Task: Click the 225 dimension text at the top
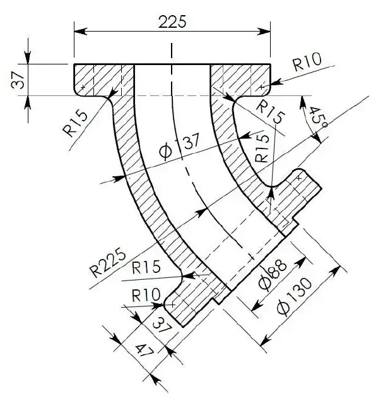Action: pyautogui.click(x=172, y=21)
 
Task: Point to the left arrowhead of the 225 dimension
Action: pyautogui.click(x=81, y=32)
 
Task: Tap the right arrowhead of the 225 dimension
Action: pyautogui.click(x=264, y=32)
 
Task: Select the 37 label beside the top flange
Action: pyautogui.click(x=18, y=80)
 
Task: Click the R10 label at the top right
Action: pyautogui.click(x=307, y=62)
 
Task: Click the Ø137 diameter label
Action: pyautogui.click(x=179, y=147)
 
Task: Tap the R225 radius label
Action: pyautogui.click(x=108, y=264)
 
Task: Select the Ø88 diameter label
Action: pyautogui.click(x=273, y=275)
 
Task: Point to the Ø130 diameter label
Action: pyautogui.click(x=294, y=297)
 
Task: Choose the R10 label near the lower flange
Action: pyautogui.click(x=146, y=295)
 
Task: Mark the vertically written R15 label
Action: pyautogui.click(x=262, y=148)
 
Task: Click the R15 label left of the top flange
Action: pyautogui.click(x=75, y=124)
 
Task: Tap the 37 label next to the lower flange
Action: pyautogui.click(x=163, y=325)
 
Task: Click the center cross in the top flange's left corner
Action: pyautogui.click(x=83, y=87)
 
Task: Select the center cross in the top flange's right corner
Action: pyautogui.click(x=262, y=87)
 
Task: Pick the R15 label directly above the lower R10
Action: pyautogui.click(x=146, y=267)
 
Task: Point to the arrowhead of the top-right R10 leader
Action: pyautogui.click(x=276, y=83)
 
